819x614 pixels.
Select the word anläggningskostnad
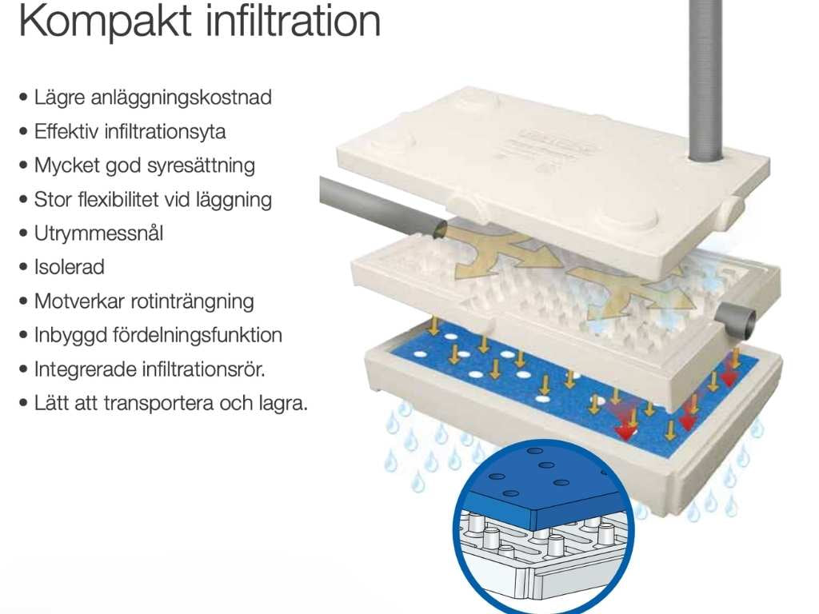coord(186,98)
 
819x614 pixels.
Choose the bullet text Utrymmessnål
coord(98,233)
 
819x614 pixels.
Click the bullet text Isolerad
coord(69,267)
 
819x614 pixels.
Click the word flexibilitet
coord(125,200)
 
